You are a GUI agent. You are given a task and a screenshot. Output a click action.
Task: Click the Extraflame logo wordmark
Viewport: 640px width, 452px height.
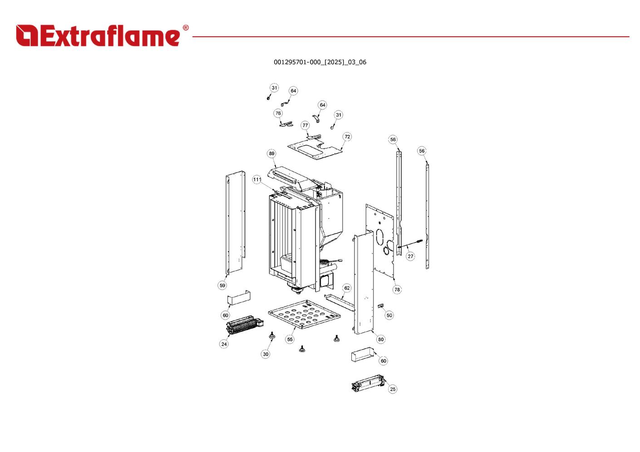tap(102, 36)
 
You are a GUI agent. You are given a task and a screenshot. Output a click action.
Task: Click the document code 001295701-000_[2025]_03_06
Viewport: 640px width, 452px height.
tap(320, 62)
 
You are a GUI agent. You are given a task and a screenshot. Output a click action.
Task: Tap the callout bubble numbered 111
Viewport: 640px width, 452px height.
tap(257, 180)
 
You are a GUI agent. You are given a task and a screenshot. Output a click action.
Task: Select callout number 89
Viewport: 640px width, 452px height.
tap(271, 153)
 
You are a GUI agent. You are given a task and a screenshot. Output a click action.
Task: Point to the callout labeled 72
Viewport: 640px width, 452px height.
tap(347, 137)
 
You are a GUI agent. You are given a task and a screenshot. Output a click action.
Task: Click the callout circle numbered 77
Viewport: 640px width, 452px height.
tap(305, 125)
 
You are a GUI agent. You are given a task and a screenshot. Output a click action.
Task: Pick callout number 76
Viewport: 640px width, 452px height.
tap(278, 113)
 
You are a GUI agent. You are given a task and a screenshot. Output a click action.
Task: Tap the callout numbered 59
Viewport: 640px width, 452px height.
tap(222, 285)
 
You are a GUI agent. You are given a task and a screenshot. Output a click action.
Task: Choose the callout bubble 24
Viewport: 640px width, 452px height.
tap(224, 344)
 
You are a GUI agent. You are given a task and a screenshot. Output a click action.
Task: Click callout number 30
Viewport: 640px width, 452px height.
tap(266, 354)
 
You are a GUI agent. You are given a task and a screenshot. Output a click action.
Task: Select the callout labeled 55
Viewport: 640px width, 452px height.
tap(290, 339)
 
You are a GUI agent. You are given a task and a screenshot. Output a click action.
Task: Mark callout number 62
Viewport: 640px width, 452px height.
tap(347, 288)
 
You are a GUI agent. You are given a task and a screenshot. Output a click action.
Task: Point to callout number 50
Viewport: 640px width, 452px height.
tap(389, 315)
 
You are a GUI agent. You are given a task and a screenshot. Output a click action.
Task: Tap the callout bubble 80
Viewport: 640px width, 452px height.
tap(380, 339)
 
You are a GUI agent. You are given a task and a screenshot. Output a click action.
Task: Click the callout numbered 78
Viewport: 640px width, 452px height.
tap(397, 290)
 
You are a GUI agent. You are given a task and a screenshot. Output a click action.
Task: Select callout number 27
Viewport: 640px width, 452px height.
tap(410, 256)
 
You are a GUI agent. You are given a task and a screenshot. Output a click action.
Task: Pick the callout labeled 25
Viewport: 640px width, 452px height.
tap(393, 389)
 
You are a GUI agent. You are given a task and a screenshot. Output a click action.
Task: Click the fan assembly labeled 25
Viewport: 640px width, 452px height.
tap(368, 384)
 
